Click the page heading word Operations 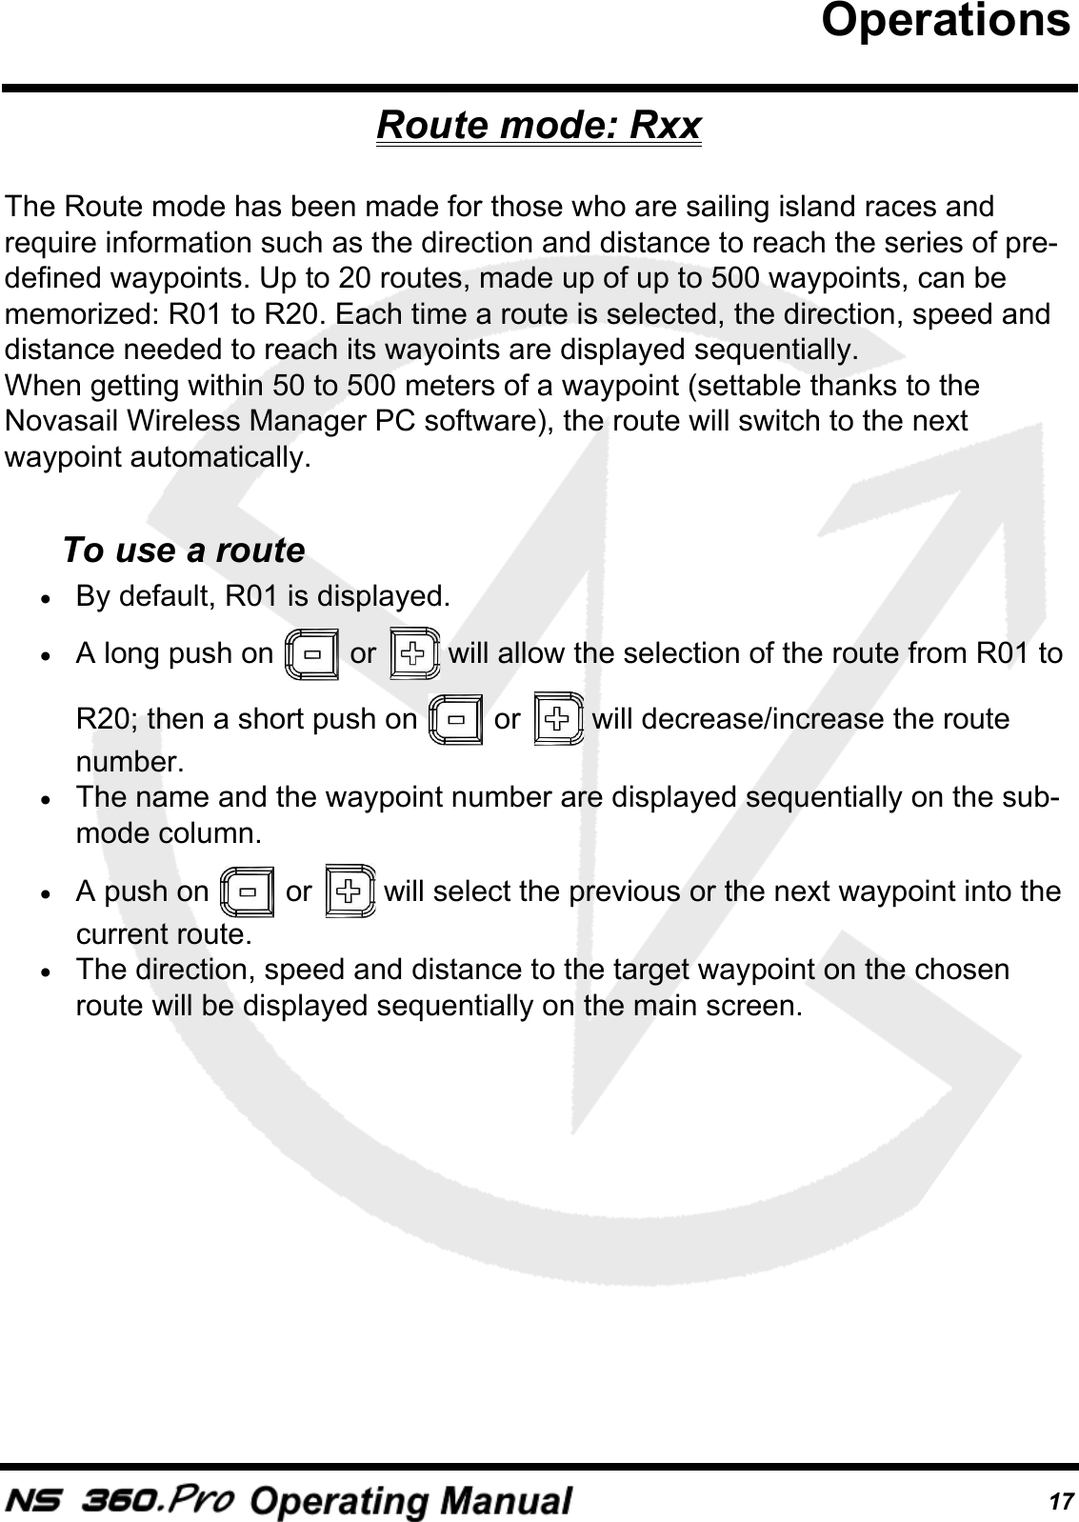click(x=945, y=21)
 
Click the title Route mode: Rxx click(x=539, y=125)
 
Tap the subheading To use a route click(x=183, y=551)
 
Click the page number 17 click(x=1057, y=1502)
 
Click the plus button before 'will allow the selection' click(x=414, y=653)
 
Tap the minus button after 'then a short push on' click(x=456, y=719)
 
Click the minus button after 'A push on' click(x=247, y=892)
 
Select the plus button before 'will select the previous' click(x=349, y=891)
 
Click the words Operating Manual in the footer click(x=412, y=1501)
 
